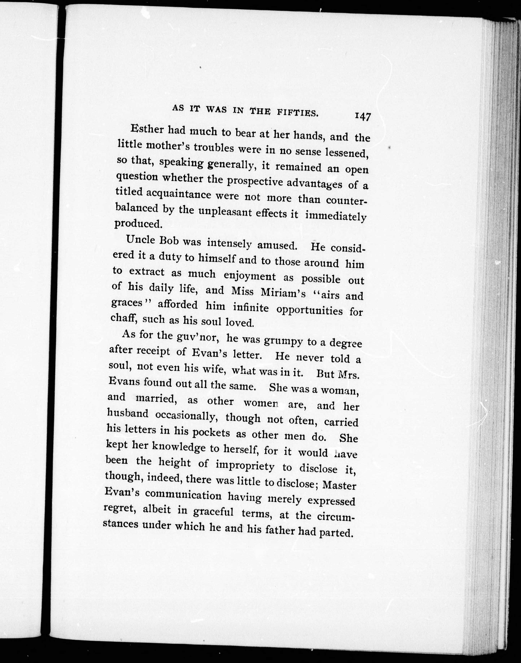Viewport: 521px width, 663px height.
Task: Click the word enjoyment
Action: (250, 276)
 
